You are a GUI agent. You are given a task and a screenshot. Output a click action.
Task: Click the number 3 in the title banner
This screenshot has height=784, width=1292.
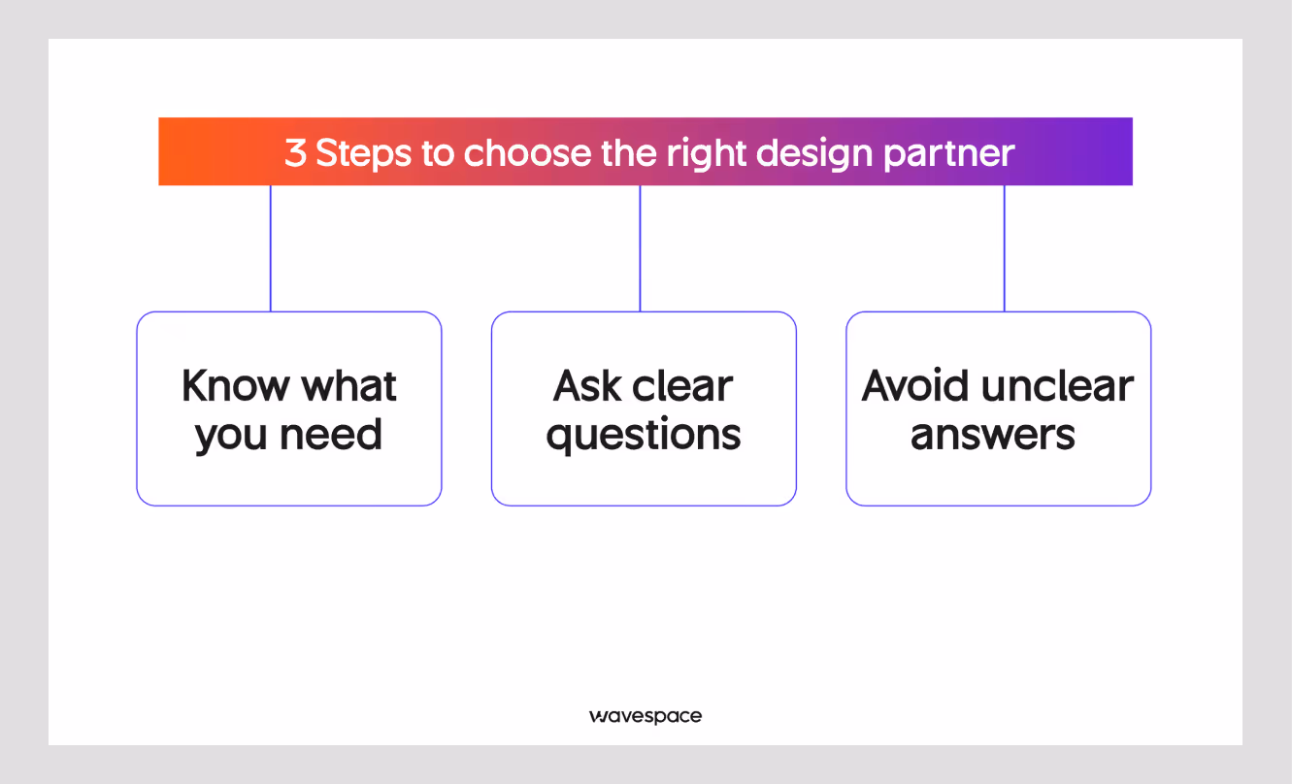(295, 153)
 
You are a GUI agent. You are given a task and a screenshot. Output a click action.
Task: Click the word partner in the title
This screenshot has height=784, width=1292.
(954, 153)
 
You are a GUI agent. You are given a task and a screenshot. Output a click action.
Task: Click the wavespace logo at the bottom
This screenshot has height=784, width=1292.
(645, 716)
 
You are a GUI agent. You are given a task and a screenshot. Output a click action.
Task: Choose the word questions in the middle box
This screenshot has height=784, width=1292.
(644, 435)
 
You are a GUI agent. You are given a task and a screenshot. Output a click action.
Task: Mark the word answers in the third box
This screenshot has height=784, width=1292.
(992, 435)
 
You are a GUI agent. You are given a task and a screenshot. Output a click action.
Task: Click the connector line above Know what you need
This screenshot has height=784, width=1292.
(271, 247)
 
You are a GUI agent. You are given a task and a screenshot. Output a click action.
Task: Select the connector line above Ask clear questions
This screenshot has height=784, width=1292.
(640, 247)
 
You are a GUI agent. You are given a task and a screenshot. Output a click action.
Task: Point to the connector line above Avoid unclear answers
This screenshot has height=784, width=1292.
(1004, 247)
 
